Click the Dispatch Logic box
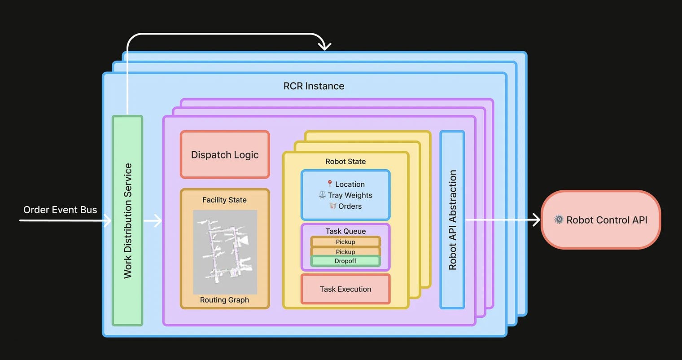point(225,155)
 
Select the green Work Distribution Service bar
point(127,220)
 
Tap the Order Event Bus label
point(60,210)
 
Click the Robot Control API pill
point(601,220)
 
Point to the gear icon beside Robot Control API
point(559,220)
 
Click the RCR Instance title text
point(314,86)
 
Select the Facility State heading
point(224,200)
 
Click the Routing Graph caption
point(224,300)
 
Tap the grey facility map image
point(225,252)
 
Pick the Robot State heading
point(345,162)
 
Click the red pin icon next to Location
point(330,184)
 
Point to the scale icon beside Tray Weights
point(322,195)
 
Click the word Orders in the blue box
point(350,206)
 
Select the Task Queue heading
point(345,231)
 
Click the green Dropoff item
point(345,261)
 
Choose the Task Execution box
point(345,289)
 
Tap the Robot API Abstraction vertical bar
point(452,220)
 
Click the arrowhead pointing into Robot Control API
point(536,220)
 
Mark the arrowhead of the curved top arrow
point(324,46)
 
